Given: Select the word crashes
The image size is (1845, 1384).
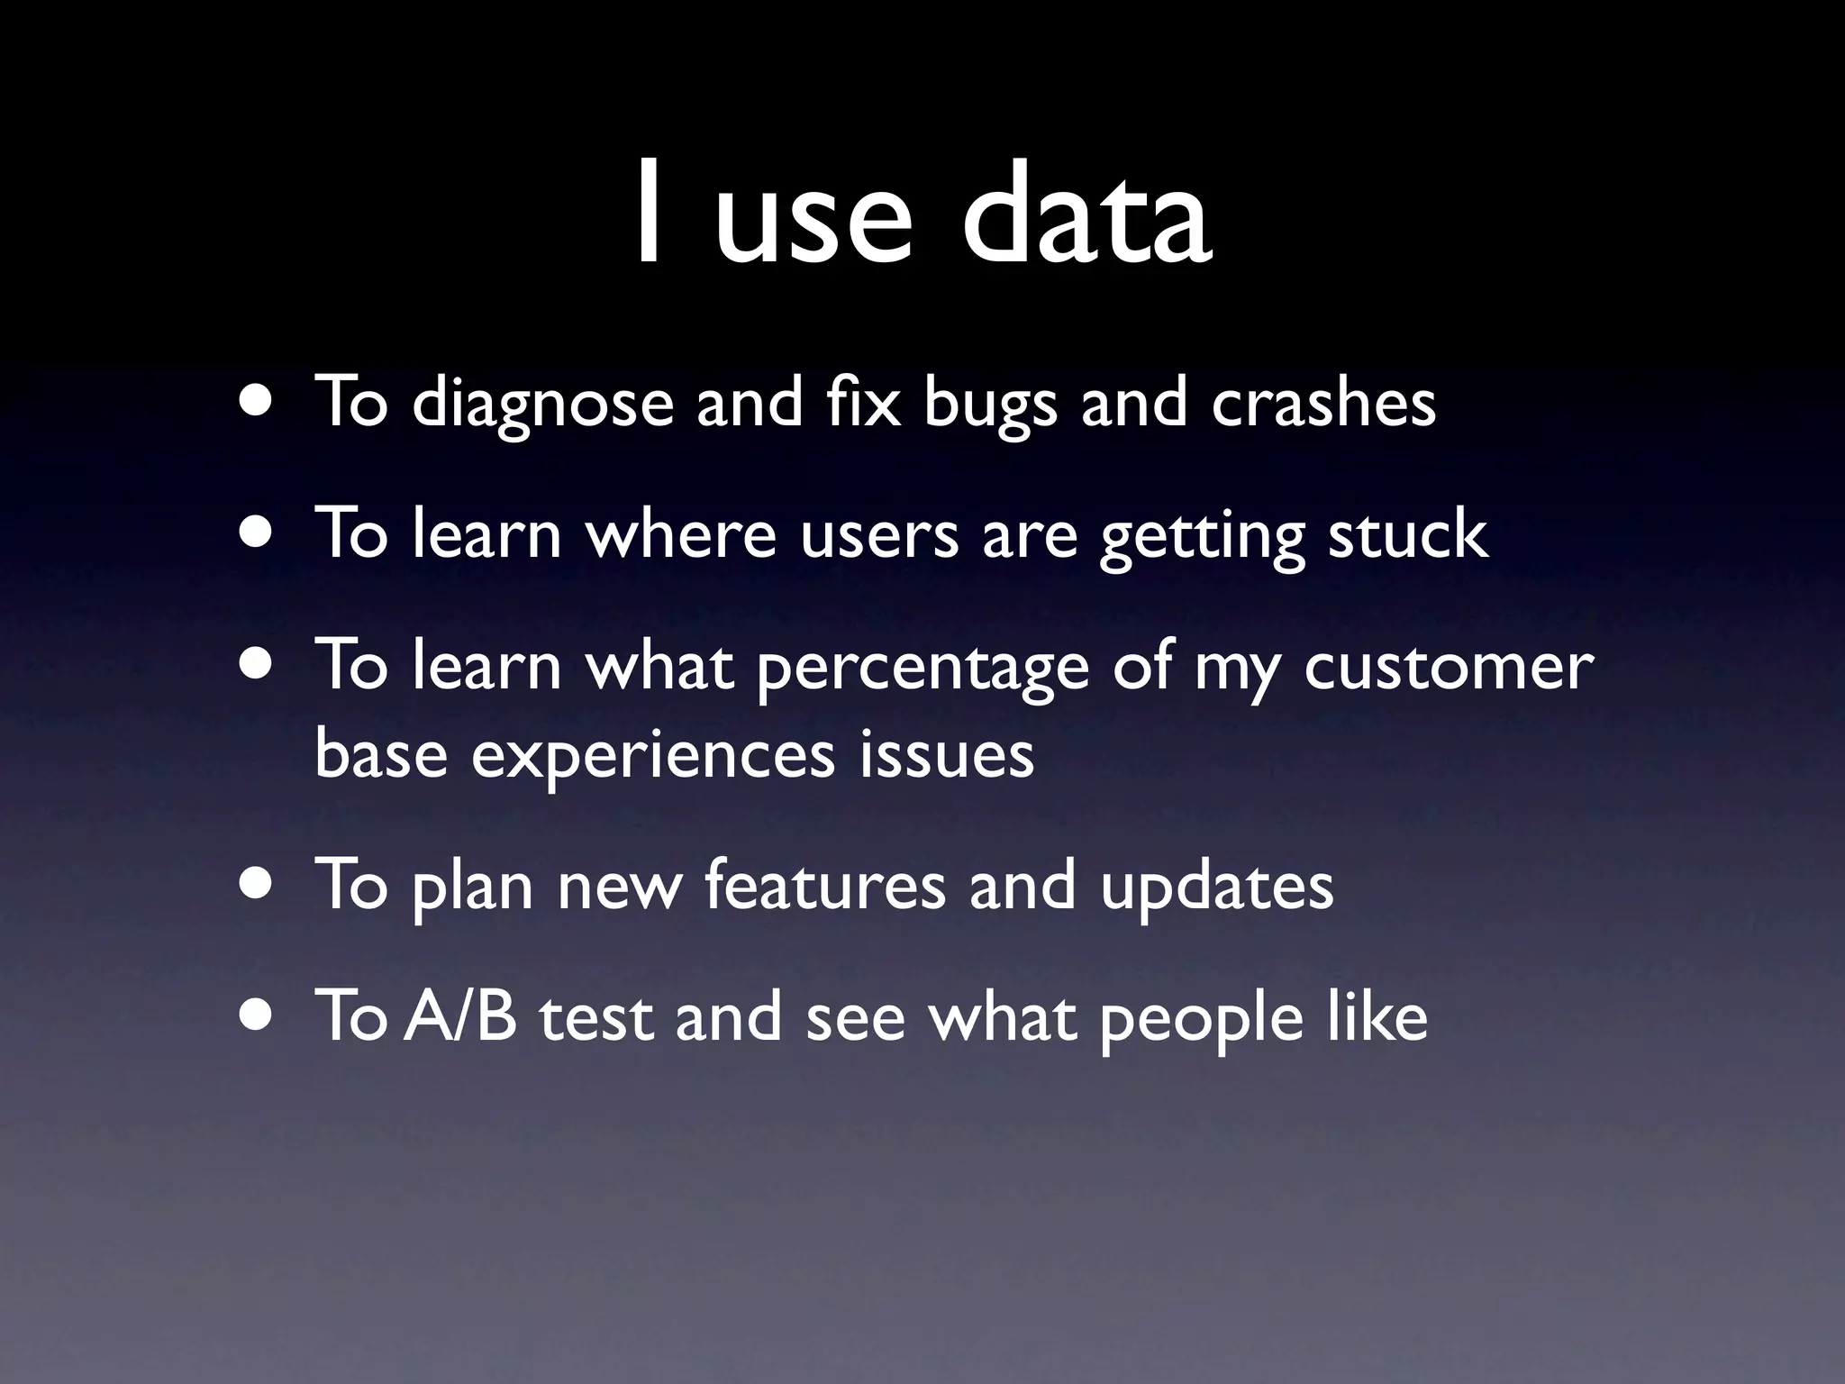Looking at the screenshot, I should pyautogui.click(x=1323, y=403).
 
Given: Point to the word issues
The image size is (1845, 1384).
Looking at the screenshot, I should pyautogui.click(x=946, y=755).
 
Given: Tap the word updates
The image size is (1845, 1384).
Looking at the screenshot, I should pyautogui.click(x=1216, y=888).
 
